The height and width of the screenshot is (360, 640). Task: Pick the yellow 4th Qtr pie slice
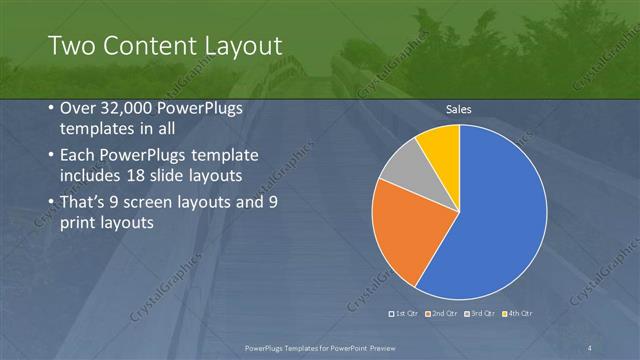[x=441, y=144]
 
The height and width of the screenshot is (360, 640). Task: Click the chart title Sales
[x=458, y=109]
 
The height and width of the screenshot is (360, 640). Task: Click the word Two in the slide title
[x=67, y=46]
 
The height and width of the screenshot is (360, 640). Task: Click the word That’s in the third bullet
[x=85, y=202]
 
